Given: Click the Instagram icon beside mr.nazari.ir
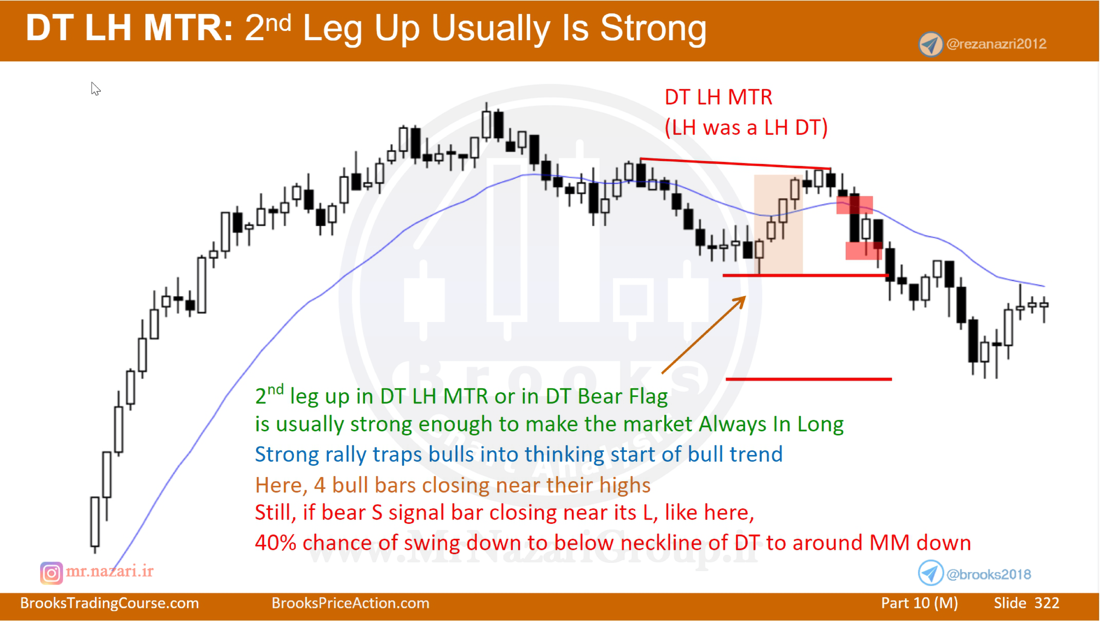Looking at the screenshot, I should click(51, 573).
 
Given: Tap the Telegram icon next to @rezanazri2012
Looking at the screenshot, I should click(930, 44).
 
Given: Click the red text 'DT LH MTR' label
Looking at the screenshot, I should click(718, 97).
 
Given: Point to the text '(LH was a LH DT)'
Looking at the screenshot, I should click(746, 127).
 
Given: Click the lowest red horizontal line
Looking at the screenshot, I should click(808, 379).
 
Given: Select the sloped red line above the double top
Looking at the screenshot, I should click(735, 164).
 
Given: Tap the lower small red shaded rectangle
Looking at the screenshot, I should click(863, 251).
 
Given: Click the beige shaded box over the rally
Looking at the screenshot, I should click(778, 224).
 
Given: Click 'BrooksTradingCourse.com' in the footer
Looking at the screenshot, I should click(109, 603).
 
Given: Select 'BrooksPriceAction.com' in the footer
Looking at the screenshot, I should click(350, 603).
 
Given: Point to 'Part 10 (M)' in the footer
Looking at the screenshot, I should click(919, 603).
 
